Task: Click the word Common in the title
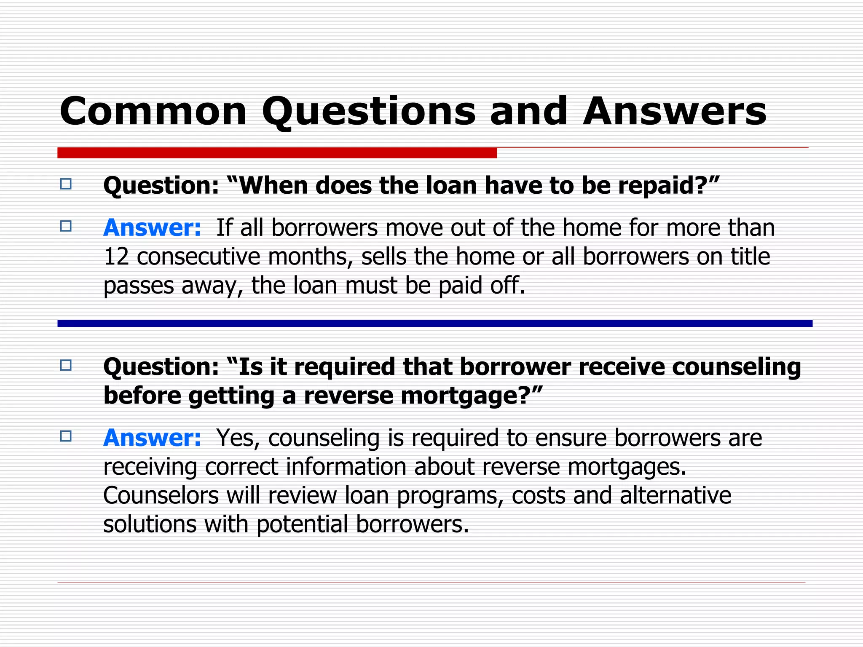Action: [153, 111]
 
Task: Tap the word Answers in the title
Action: [674, 111]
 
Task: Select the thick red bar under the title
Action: [277, 153]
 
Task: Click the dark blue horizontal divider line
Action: [434, 323]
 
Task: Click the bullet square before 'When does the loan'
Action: [66, 184]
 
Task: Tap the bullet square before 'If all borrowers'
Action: [66, 226]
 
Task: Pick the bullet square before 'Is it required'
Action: [66, 365]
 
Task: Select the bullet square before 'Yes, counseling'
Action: [66, 436]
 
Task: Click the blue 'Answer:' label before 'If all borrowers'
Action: [152, 228]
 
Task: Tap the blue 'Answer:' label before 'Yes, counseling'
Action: [152, 438]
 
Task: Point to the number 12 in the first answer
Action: [116, 257]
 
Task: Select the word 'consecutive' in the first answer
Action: [198, 257]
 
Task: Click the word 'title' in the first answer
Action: [750, 257]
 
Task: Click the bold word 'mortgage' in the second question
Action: [455, 396]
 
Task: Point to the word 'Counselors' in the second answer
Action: [161, 495]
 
